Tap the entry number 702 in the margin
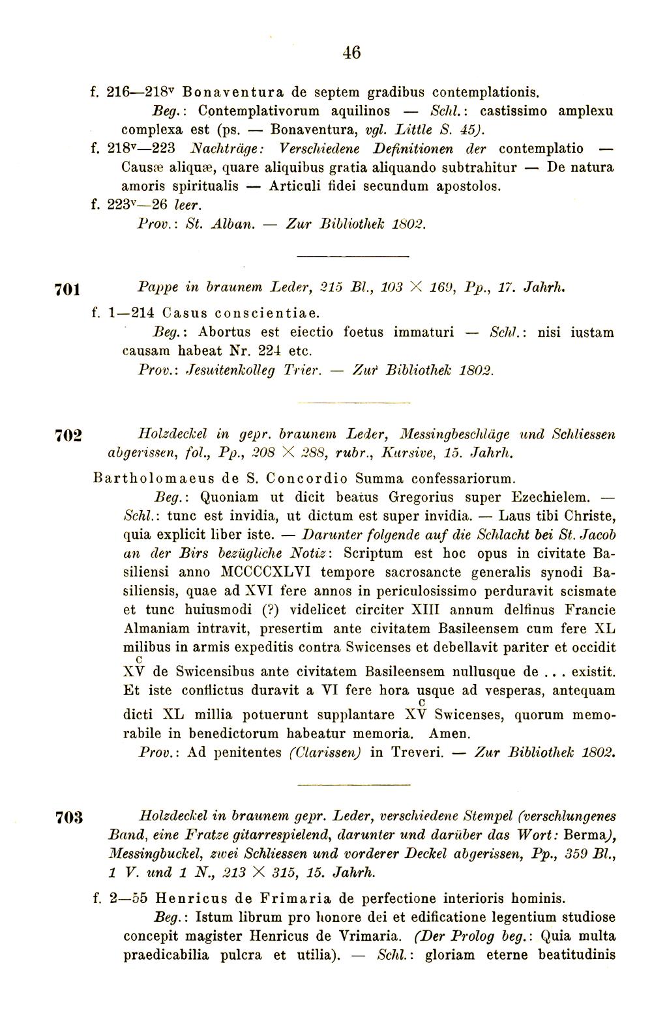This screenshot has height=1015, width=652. [67, 436]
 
